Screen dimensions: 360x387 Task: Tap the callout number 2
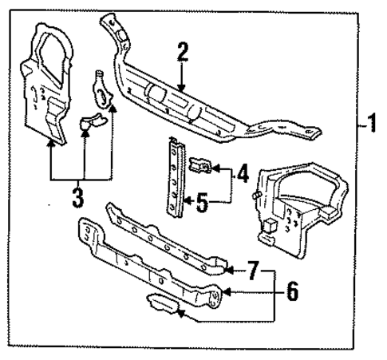182,54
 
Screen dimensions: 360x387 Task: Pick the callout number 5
203,202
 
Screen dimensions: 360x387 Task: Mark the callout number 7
253,272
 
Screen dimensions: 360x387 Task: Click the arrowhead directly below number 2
182,86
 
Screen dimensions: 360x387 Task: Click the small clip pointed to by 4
199,166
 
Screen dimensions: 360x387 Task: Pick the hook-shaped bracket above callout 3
102,88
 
